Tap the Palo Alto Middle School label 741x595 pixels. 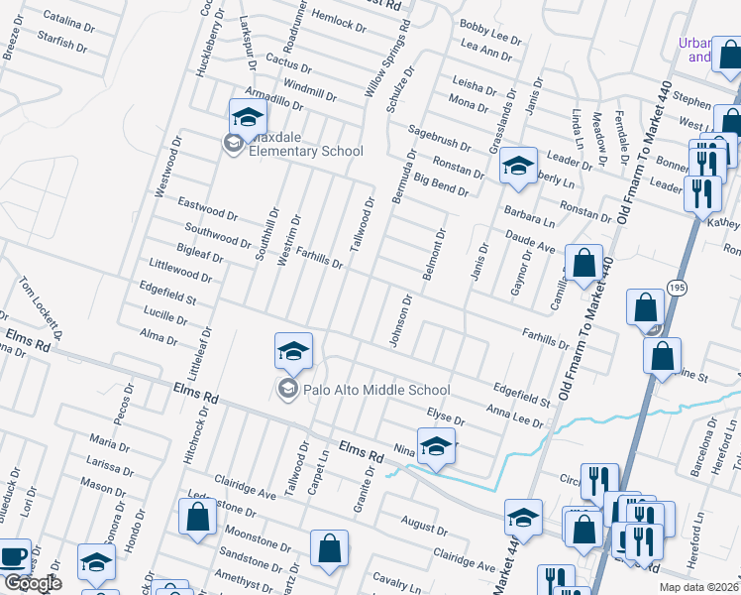click(x=376, y=390)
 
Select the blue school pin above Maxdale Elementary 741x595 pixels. click(x=248, y=117)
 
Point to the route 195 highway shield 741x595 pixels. click(x=676, y=287)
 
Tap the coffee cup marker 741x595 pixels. click(x=14, y=556)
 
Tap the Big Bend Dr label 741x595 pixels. click(x=441, y=184)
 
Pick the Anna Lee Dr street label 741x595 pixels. click(x=514, y=415)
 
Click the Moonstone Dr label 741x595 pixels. click(x=259, y=539)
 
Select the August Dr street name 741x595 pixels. click(x=425, y=521)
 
